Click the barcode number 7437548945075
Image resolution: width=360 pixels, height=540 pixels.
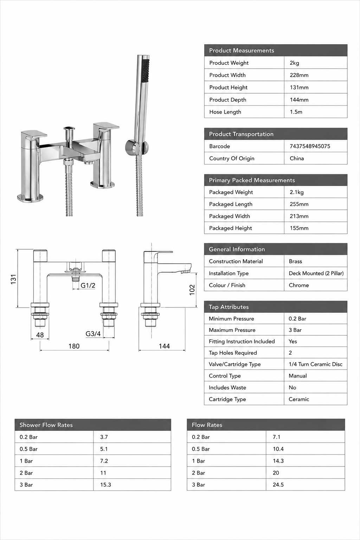pyautogui.click(x=310, y=146)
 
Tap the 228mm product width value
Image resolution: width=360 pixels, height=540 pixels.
pyautogui.click(x=299, y=75)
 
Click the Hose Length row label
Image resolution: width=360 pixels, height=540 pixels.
pyautogui.click(x=225, y=112)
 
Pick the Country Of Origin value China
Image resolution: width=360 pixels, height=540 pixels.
pyautogui.click(x=297, y=159)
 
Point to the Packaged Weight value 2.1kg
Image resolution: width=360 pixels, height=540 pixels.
pyautogui.click(x=297, y=192)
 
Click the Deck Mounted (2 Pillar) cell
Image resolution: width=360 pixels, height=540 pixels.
pyautogui.click(x=316, y=273)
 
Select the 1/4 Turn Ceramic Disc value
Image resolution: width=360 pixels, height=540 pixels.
pyautogui.click(x=315, y=364)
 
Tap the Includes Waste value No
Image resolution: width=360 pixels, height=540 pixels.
pyautogui.click(x=292, y=387)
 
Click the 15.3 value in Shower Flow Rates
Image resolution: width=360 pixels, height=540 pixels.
pyautogui.click(x=105, y=484)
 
